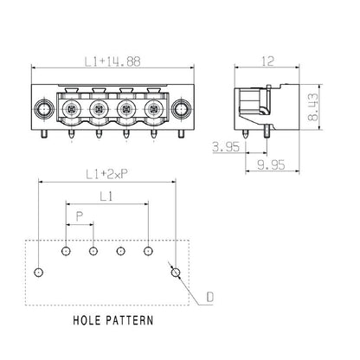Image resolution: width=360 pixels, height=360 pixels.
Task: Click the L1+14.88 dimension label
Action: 113,61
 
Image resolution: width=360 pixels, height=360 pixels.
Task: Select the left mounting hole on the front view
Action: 41,110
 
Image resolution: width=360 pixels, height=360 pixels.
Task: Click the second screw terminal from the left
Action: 99,110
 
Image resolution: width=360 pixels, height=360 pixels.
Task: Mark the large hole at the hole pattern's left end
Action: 38,273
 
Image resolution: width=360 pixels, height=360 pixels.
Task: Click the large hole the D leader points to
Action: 176,273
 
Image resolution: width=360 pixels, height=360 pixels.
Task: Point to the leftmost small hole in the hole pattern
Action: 66,251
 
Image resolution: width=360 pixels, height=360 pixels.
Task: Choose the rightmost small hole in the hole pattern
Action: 148,251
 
